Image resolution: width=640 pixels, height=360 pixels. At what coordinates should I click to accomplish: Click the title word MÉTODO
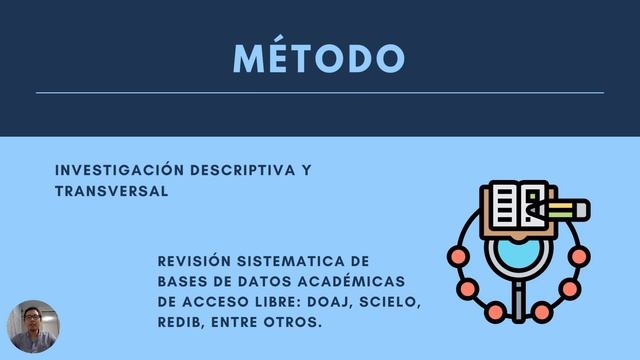tap(319, 57)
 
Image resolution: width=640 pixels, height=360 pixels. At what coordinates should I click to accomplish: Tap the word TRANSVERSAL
tap(112, 190)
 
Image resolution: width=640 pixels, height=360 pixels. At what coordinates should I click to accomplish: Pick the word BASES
tap(183, 281)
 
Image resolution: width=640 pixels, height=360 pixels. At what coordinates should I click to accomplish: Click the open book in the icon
tap(515, 206)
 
